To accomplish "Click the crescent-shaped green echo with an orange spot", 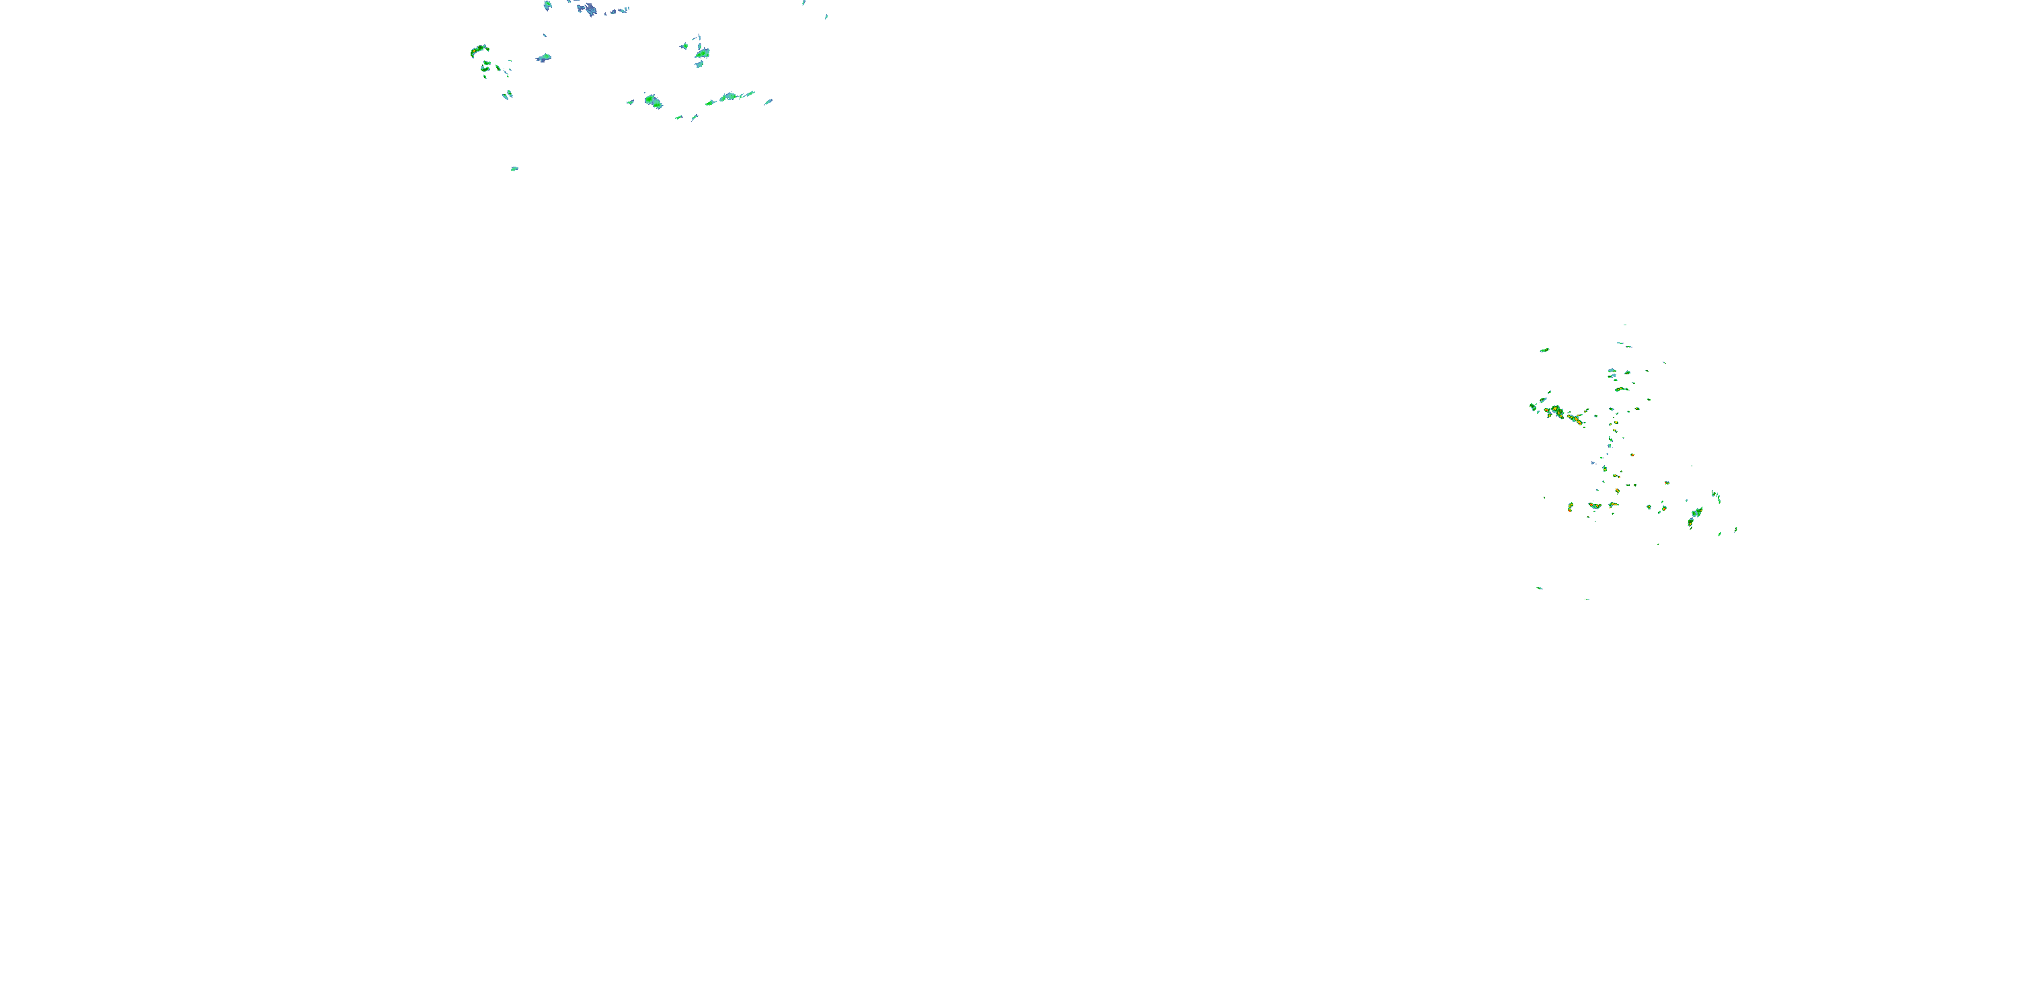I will (479, 51).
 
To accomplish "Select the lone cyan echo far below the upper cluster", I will (514, 168).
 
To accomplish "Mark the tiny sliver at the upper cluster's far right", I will (826, 15).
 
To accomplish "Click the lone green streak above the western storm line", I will (1544, 350).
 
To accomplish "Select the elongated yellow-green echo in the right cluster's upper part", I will (1621, 389).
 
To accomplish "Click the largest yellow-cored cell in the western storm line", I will (1556, 411).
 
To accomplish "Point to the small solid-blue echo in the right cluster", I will (1592, 462).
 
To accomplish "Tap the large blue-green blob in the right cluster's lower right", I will (1697, 513).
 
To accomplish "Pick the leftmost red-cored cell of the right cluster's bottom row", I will (1570, 507).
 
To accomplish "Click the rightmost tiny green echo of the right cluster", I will (1736, 530).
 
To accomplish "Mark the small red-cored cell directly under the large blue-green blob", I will (1690, 523).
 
